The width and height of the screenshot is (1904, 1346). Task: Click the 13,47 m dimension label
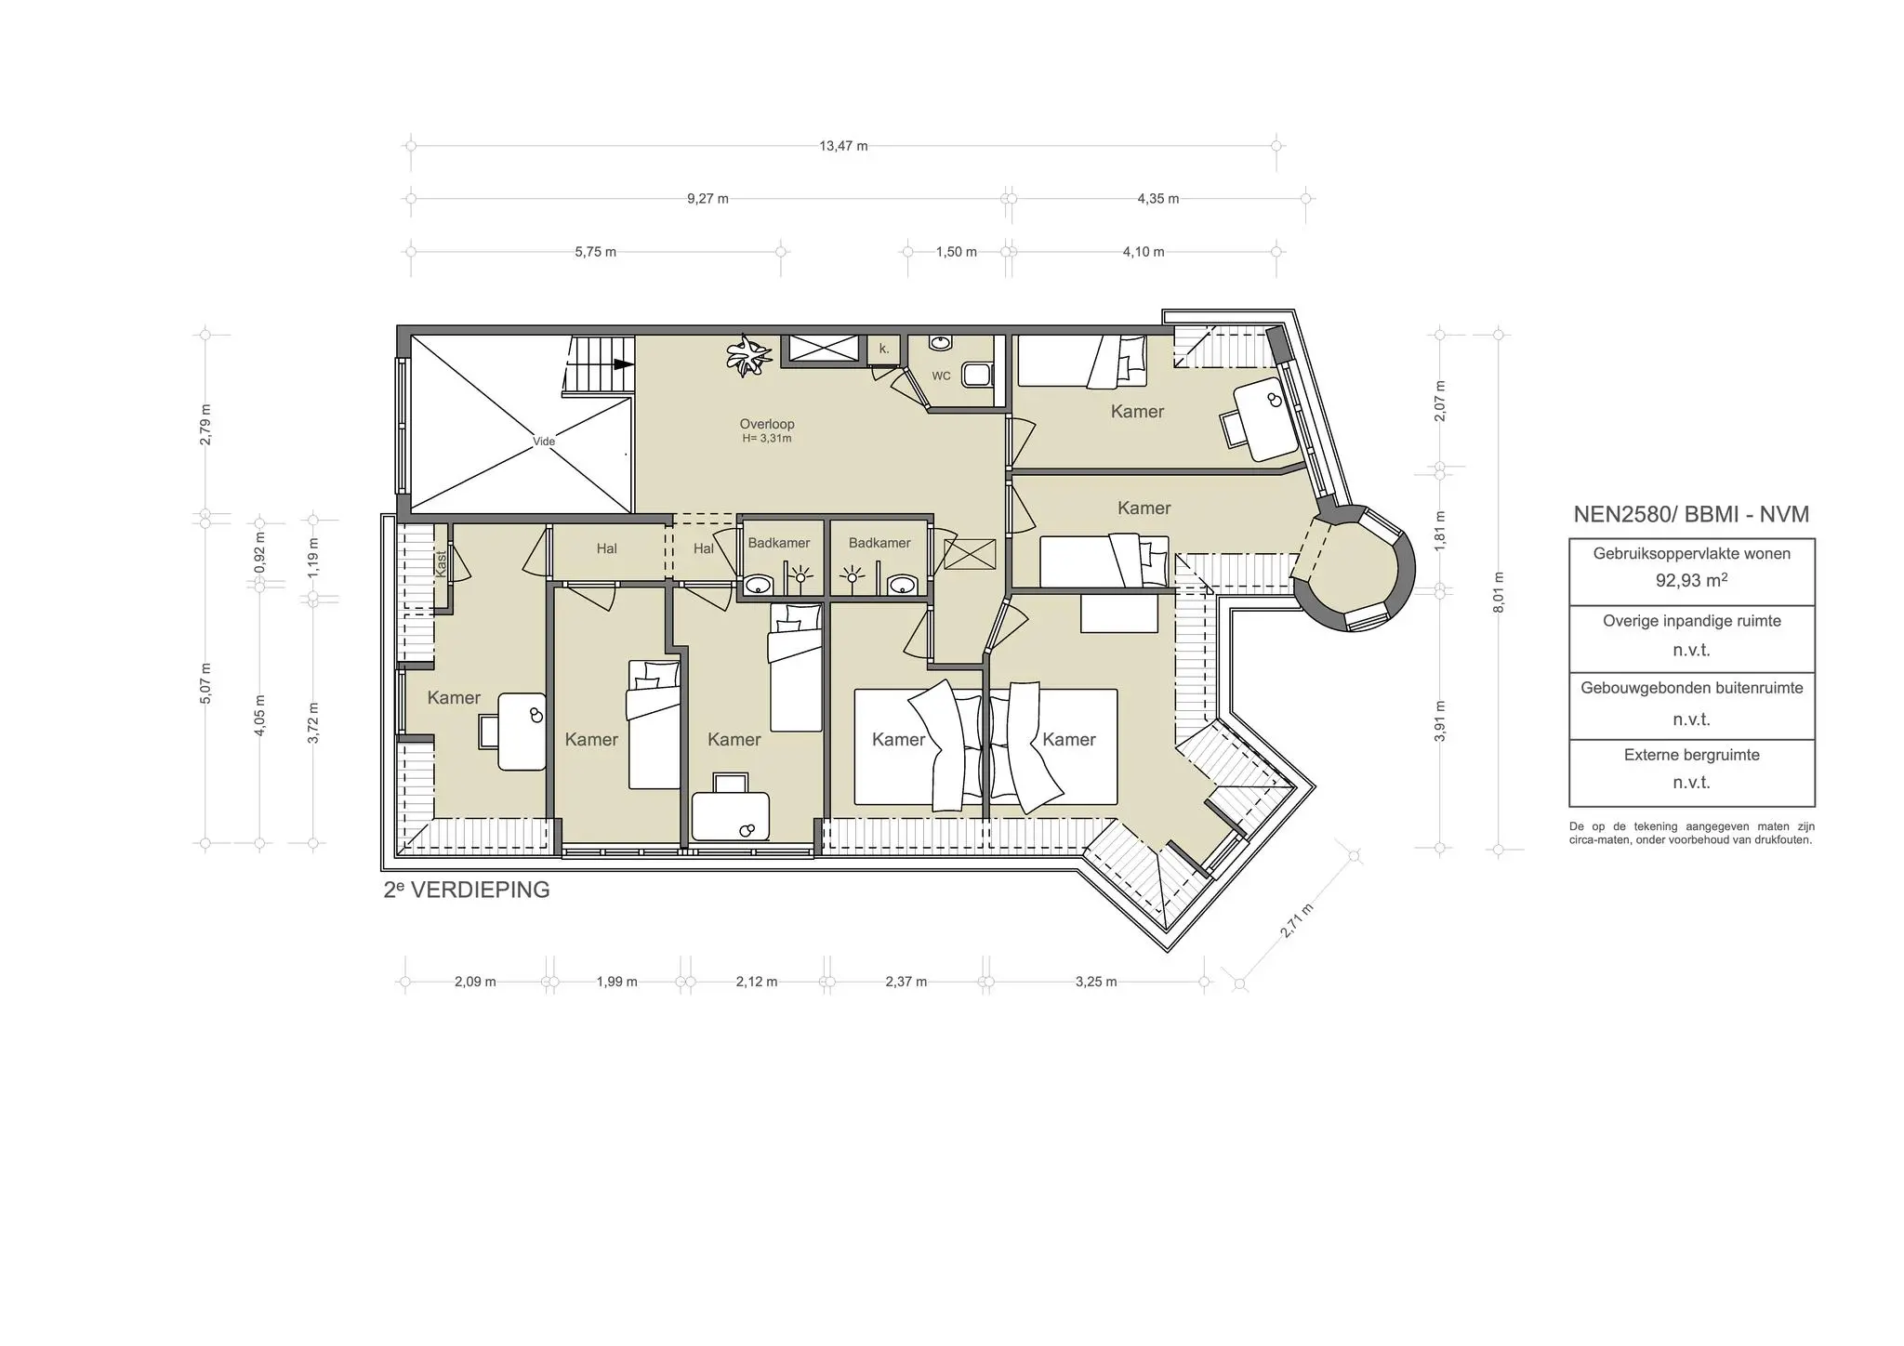(x=843, y=146)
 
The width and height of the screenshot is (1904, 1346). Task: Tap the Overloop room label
(x=767, y=424)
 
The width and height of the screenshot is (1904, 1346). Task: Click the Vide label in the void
(x=544, y=442)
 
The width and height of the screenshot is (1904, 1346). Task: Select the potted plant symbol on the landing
(x=748, y=355)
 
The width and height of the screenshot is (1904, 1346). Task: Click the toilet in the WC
(x=976, y=375)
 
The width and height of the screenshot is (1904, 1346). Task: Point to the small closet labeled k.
(x=884, y=350)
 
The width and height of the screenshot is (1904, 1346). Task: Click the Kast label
(x=442, y=562)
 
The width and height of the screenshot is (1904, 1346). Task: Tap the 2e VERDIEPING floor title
(x=467, y=890)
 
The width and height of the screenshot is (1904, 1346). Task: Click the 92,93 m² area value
(x=1691, y=581)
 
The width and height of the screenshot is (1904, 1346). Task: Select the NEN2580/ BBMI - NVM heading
(x=1691, y=514)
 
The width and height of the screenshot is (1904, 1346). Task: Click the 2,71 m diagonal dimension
(x=1297, y=921)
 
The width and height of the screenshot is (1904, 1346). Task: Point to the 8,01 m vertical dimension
(x=1498, y=592)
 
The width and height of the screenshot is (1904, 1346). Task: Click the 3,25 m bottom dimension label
(x=1096, y=982)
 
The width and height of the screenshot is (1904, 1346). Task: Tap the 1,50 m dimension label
(x=956, y=252)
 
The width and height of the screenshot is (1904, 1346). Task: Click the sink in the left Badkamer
(x=760, y=585)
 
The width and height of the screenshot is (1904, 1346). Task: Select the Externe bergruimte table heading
(x=1691, y=755)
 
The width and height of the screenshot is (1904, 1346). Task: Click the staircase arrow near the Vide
(x=621, y=365)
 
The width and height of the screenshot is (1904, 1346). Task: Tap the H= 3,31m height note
(x=767, y=439)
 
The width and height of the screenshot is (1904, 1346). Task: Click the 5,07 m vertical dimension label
(x=205, y=683)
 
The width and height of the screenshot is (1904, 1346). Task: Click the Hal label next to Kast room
(x=606, y=548)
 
